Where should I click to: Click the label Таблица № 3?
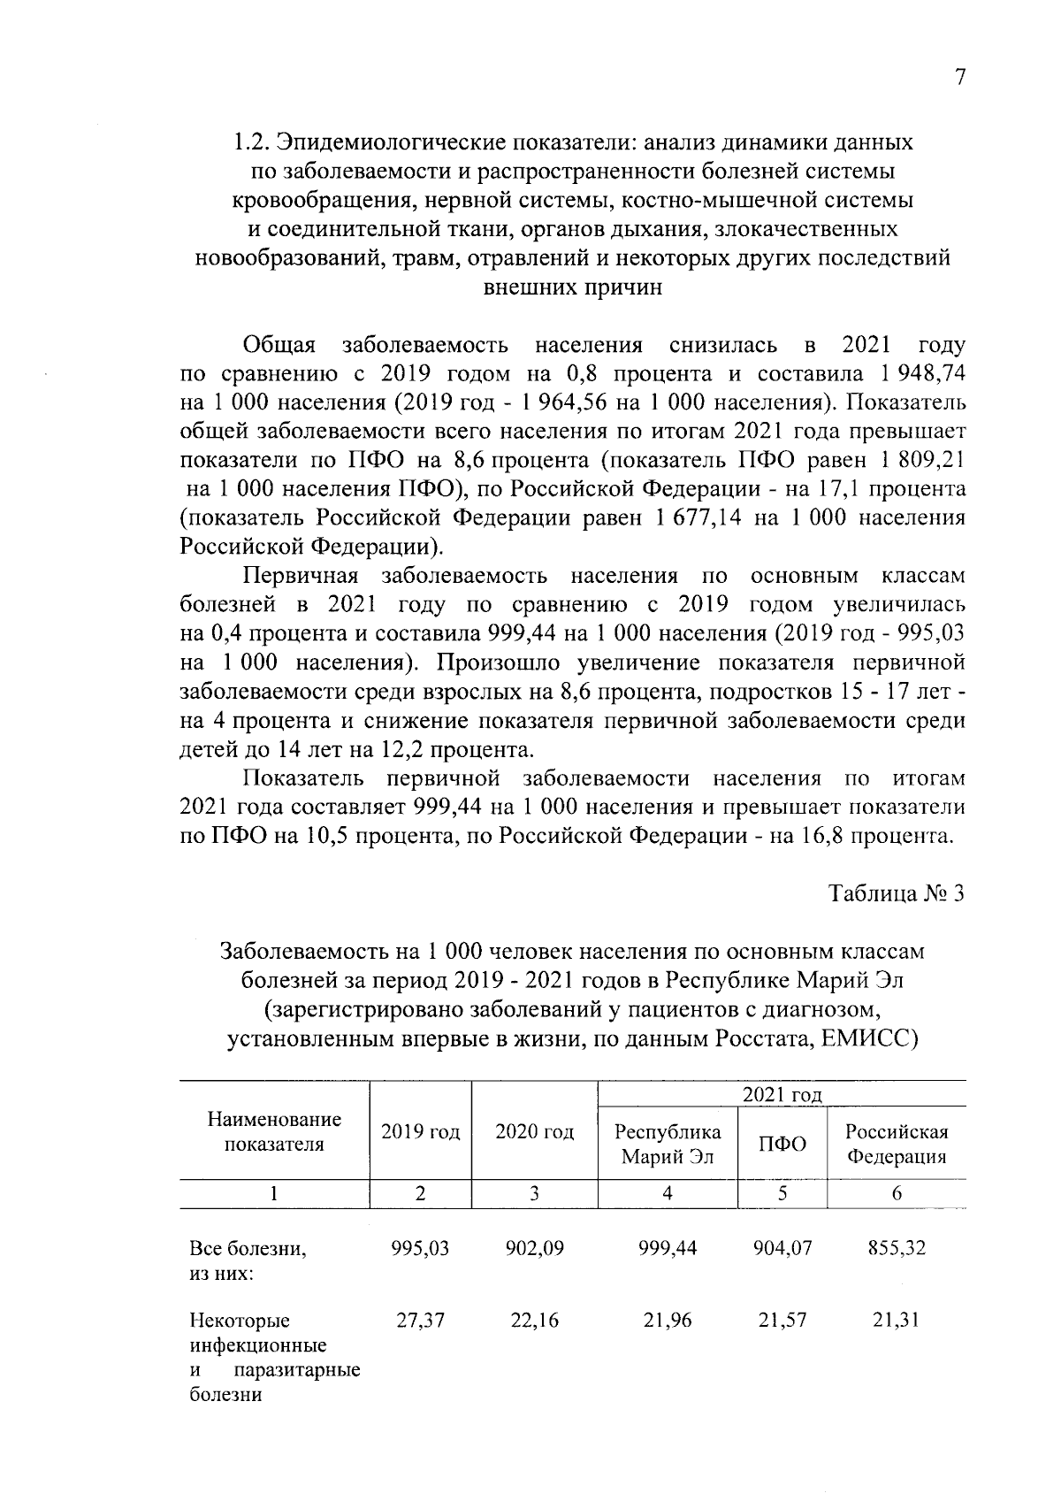(895, 894)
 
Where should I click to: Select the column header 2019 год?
(420, 1132)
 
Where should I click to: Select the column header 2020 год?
(534, 1132)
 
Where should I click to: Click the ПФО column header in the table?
(782, 1145)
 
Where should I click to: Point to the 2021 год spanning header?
(782, 1095)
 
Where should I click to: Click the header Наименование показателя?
(274, 1132)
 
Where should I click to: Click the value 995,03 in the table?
(420, 1248)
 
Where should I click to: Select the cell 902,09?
(534, 1248)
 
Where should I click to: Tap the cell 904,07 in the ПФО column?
(782, 1248)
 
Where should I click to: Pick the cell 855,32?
(896, 1248)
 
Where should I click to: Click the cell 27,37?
(420, 1321)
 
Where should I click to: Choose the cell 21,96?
(668, 1321)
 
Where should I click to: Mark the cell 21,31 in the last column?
(896, 1321)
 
